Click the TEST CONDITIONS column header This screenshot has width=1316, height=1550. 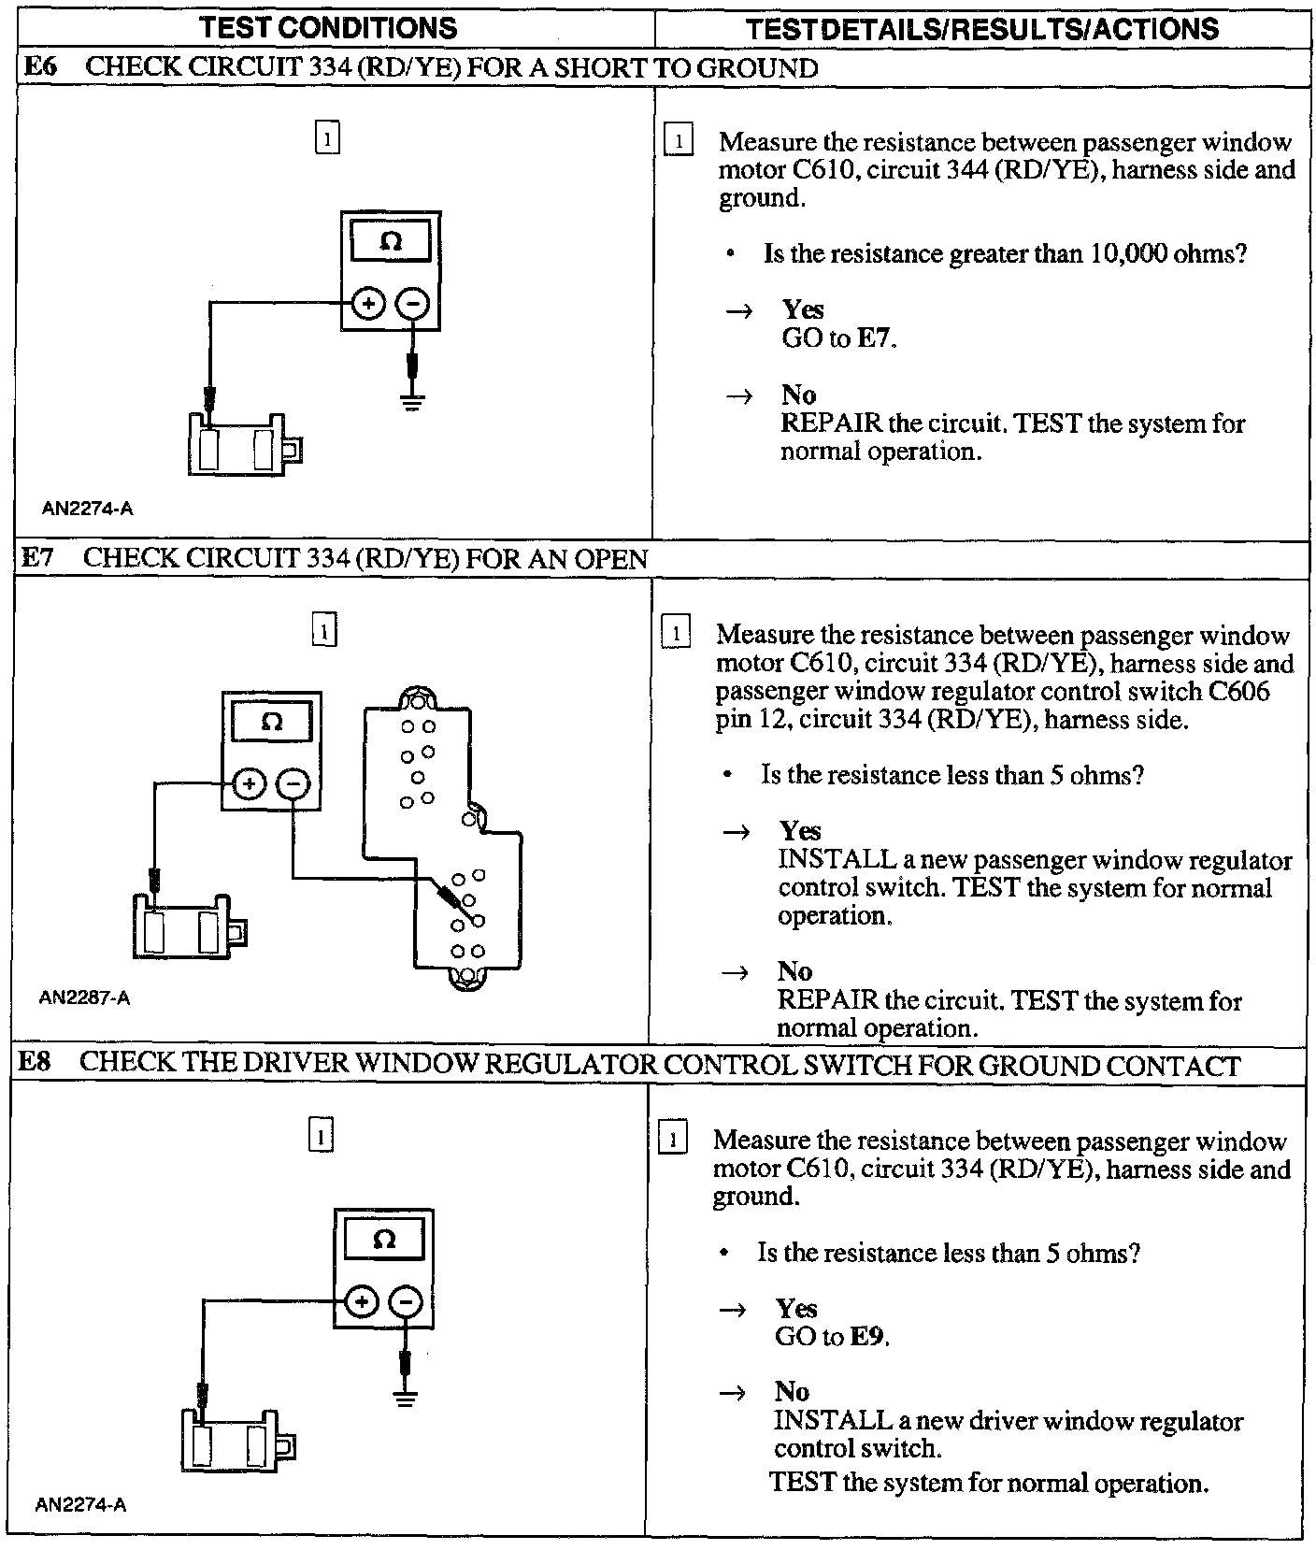[x=329, y=28]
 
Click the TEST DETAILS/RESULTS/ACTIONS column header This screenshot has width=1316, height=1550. [x=982, y=29]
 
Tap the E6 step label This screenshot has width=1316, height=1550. [x=37, y=67]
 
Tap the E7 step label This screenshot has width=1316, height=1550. [x=37, y=558]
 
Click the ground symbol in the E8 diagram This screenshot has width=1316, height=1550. [x=405, y=1398]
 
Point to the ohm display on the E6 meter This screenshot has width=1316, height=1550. [x=391, y=242]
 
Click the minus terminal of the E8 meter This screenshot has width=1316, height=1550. [x=406, y=1301]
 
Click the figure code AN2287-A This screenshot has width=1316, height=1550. [x=84, y=997]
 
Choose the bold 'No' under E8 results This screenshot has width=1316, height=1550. [x=792, y=1391]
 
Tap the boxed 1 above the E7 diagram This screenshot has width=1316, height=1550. [x=323, y=632]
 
